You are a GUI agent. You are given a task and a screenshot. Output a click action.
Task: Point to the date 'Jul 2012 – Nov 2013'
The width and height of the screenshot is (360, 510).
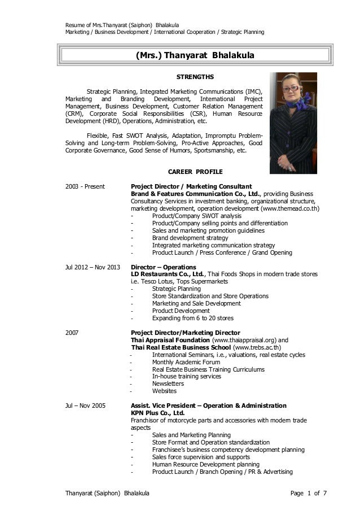[x=93, y=267]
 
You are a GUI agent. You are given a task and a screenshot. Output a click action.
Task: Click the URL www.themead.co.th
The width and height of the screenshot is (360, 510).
[x=286, y=208]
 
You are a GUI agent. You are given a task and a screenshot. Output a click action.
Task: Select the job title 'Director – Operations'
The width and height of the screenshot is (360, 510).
[x=164, y=267]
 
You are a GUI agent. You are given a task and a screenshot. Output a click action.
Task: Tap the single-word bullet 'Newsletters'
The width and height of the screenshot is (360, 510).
[x=168, y=383]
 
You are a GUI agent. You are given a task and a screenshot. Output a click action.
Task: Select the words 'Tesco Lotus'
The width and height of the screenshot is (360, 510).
[x=156, y=281]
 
